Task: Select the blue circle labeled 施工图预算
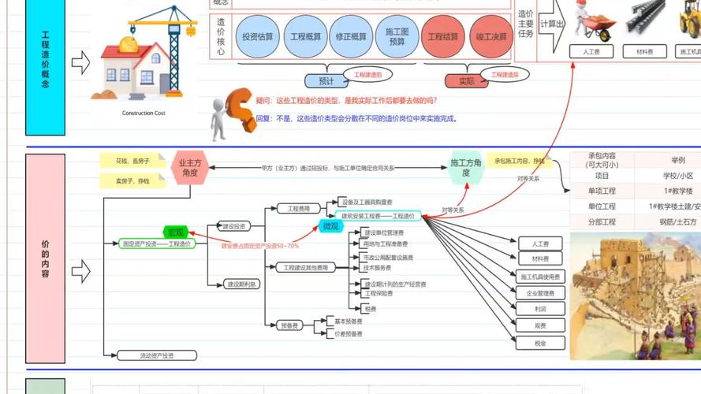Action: tap(396, 37)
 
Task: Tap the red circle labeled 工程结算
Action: tap(443, 37)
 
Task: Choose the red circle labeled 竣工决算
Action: tap(491, 37)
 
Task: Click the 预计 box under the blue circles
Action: tap(326, 80)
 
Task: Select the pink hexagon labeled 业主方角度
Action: tap(190, 168)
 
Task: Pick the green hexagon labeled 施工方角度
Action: tap(466, 167)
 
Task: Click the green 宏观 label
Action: tap(175, 232)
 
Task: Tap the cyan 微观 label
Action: tap(332, 226)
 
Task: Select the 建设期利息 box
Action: tap(242, 284)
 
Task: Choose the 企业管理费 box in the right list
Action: tap(540, 293)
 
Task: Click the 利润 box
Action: tap(540, 310)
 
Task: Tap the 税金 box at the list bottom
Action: tap(540, 343)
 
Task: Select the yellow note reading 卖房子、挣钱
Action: tap(132, 181)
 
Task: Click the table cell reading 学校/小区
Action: tap(677, 175)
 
